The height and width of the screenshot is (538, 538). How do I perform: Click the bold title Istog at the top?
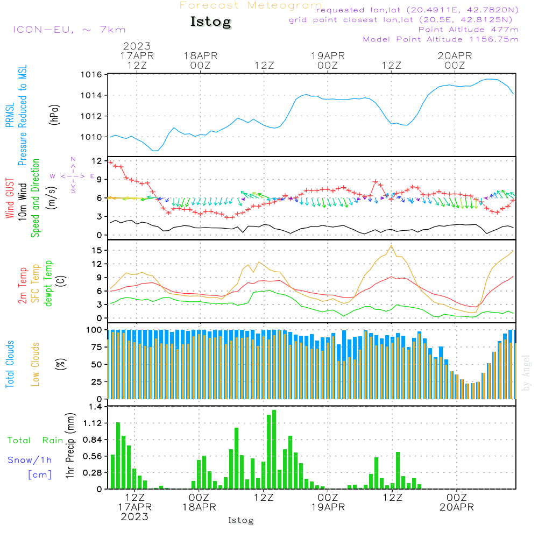tap(211, 22)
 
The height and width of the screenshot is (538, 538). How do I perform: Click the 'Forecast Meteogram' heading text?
tap(251, 5)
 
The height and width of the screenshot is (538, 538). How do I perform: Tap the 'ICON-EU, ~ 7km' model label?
tap(69, 30)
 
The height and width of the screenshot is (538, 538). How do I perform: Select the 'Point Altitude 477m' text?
tap(469, 30)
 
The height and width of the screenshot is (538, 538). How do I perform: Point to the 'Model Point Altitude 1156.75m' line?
tap(441, 39)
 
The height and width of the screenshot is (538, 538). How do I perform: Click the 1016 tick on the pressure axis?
tap(91, 75)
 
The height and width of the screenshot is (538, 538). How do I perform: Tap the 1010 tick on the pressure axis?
tap(91, 137)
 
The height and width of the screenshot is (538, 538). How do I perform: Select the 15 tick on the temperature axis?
tap(97, 251)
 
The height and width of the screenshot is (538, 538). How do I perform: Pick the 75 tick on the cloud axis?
tap(97, 347)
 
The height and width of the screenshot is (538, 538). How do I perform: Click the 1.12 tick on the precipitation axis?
tap(93, 423)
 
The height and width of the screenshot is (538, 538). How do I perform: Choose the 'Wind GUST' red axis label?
tap(10, 199)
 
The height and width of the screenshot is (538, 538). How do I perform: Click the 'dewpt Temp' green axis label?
tap(48, 283)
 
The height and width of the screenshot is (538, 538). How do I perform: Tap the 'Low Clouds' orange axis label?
tap(36, 364)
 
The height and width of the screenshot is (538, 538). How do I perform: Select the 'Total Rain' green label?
tap(36, 440)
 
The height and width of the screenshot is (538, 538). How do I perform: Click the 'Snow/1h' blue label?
tap(30, 460)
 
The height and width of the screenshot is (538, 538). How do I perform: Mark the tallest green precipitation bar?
tap(274, 449)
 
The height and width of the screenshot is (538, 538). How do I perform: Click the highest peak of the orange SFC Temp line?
tap(391, 246)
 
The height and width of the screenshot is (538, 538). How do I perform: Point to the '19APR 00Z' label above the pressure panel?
tap(328, 60)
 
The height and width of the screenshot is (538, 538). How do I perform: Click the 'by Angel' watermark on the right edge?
tap(526, 373)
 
